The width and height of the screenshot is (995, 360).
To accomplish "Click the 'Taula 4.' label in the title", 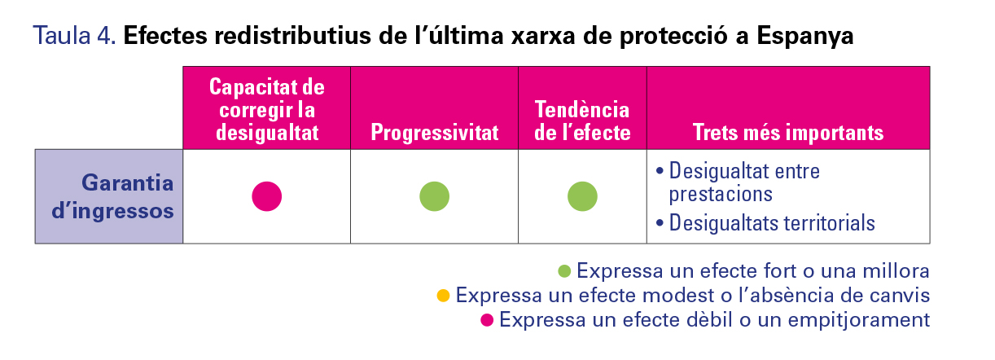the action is pos(74,36).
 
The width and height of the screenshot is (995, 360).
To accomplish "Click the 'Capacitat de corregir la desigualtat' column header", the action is pos(267,109).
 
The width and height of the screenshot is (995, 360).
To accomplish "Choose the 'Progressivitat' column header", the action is pos(435,133).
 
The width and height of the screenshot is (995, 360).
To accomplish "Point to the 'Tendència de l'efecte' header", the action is pos(582,121).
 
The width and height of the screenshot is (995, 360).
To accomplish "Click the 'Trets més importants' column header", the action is pos(788,133).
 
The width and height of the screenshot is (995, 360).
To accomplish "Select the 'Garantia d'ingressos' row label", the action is pos(112,196).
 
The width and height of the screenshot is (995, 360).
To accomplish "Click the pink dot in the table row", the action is pos(267,196).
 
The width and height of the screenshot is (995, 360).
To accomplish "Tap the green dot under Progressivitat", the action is pos(435,196).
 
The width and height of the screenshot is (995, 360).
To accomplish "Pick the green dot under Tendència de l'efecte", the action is pos(582,196).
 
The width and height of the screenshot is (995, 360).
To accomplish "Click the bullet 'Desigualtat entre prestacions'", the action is pos(738,182).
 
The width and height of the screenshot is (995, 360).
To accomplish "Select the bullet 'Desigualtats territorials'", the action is pos(765,223).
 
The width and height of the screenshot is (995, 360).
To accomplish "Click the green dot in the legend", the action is pos(564,271).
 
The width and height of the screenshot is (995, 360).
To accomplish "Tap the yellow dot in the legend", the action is pos(443,296).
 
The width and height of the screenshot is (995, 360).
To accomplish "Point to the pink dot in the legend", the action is pos(487,320).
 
